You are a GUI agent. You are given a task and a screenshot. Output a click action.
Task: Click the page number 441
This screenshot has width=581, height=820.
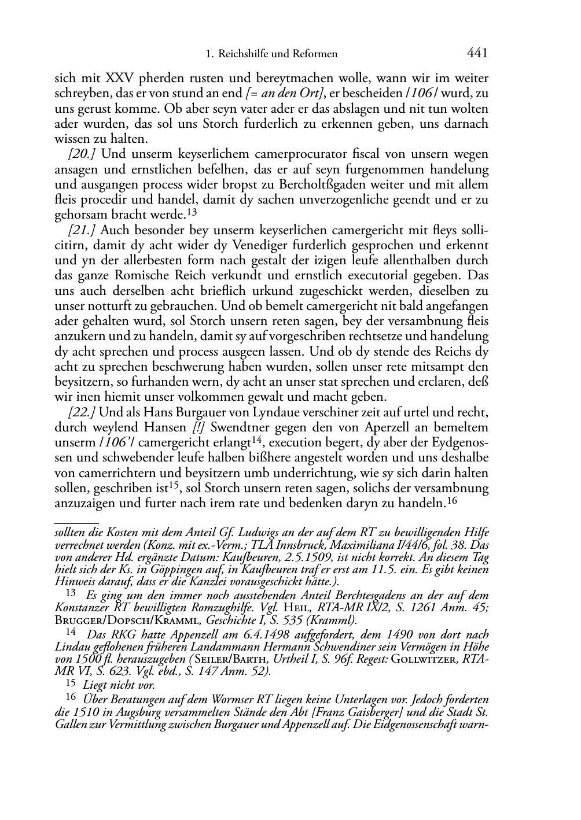coord(477,54)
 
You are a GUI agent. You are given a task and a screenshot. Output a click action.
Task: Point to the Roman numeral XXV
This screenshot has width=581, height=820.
coord(118,78)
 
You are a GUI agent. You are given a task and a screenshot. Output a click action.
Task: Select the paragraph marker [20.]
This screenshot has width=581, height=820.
coord(83,154)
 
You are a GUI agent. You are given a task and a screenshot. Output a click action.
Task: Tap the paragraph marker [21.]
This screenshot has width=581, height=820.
coord(83,230)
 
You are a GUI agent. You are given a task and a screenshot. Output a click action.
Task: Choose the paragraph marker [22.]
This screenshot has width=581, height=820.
coord(83,412)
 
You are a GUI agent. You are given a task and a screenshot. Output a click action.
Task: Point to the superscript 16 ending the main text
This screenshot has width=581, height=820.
coord(453,501)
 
